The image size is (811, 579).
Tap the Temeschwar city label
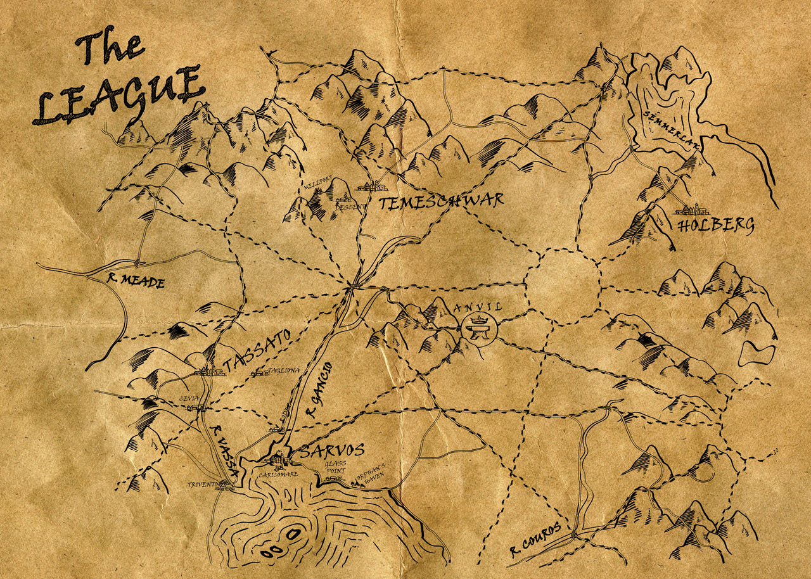click(x=442, y=202)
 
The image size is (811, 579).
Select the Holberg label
click(x=715, y=226)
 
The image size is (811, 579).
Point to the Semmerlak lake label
click(x=671, y=131)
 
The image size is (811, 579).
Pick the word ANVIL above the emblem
click(x=478, y=307)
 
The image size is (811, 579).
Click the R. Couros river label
click(x=535, y=542)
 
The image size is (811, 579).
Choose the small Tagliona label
click(x=283, y=371)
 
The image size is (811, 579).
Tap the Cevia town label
click(x=189, y=398)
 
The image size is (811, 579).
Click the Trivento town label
click(x=202, y=485)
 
